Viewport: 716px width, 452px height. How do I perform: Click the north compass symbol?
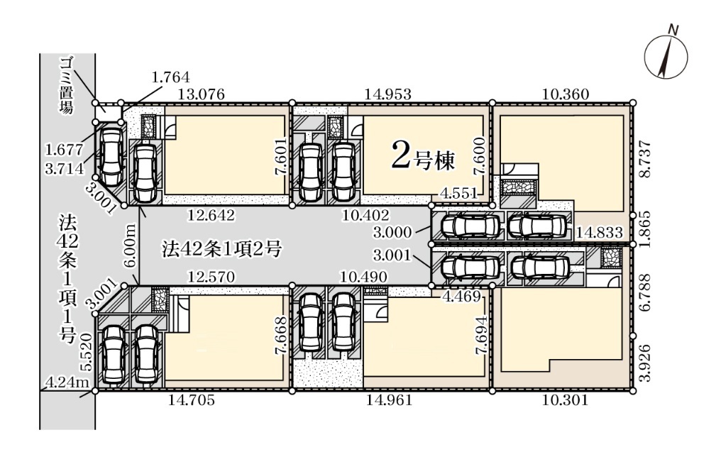[666, 57]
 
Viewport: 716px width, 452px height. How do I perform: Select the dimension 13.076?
[202, 94]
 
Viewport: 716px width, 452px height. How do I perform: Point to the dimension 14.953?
[389, 94]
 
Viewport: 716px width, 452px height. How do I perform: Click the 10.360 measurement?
[566, 94]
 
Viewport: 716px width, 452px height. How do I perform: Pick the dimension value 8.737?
[644, 159]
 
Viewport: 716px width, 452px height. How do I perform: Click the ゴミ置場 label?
[67, 86]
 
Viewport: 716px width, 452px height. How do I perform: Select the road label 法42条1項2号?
[221, 249]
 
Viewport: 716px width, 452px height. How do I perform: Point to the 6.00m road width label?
[130, 246]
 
